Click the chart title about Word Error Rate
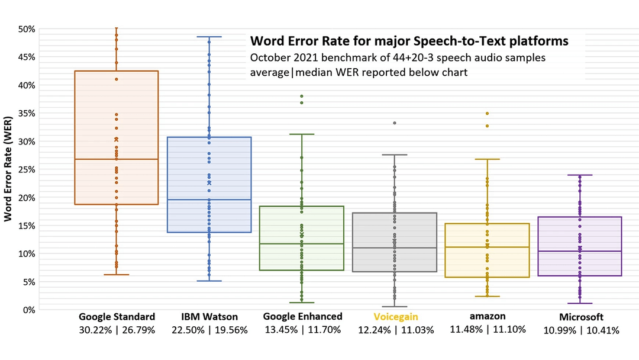409,41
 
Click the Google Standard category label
117,317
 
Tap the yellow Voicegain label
392,317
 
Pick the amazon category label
488,316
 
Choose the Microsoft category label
581,317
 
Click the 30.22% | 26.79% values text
117,330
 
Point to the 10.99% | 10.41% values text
581,330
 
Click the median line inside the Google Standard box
116,159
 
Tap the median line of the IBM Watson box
209,200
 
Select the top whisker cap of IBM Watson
209,37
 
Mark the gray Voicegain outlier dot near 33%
395,123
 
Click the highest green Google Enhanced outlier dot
302,96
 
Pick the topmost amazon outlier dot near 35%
488,113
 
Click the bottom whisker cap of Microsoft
579,303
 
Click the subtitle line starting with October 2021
398,58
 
